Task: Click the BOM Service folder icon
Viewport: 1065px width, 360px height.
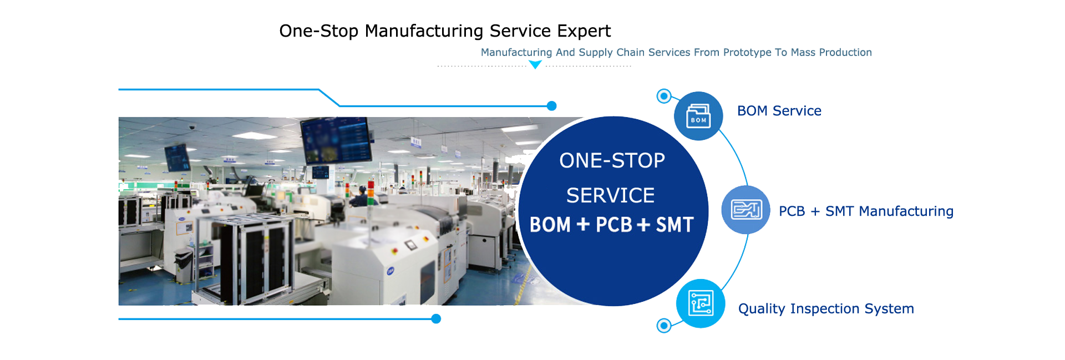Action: click(698, 116)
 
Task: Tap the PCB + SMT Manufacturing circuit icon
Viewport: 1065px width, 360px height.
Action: click(746, 210)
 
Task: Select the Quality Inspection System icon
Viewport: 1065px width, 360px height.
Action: click(701, 303)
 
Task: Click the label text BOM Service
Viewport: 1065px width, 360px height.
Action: click(779, 111)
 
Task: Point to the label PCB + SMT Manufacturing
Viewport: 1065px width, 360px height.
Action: click(866, 211)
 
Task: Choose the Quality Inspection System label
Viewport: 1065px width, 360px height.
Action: click(826, 309)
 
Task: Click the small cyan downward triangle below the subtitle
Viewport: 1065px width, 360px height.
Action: click(535, 64)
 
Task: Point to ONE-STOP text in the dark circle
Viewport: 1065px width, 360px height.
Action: click(612, 161)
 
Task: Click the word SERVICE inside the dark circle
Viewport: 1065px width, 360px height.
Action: click(611, 196)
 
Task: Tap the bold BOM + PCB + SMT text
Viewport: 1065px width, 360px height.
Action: click(612, 225)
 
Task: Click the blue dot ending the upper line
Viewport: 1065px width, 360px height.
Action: click(552, 106)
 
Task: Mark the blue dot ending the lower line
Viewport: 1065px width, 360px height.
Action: click(436, 319)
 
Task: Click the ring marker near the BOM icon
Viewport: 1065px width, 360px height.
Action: click(664, 96)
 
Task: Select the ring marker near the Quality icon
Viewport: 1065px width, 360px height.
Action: click(664, 326)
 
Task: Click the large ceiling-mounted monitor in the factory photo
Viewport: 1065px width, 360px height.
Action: click(337, 140)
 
